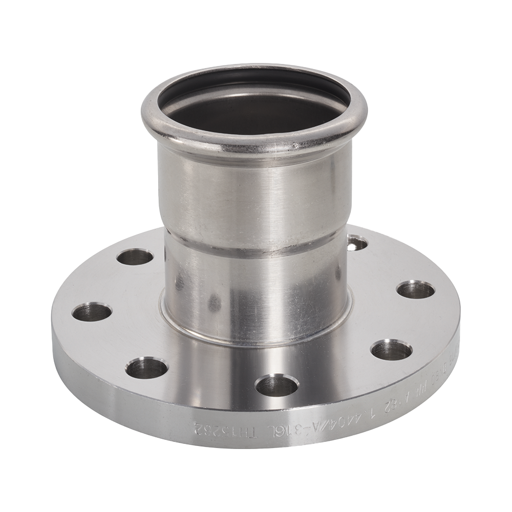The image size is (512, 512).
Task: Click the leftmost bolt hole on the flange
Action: point(92,312)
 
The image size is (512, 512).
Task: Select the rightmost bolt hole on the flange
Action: point(416,290)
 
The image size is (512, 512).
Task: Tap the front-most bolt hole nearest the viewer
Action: point(277,385)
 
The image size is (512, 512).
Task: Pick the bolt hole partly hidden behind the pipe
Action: point(356,243)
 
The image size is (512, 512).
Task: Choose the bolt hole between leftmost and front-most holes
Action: point(146,368)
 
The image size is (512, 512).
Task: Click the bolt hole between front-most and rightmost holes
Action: point(391,350)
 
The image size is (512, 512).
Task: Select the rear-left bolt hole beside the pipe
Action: point(135,257)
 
